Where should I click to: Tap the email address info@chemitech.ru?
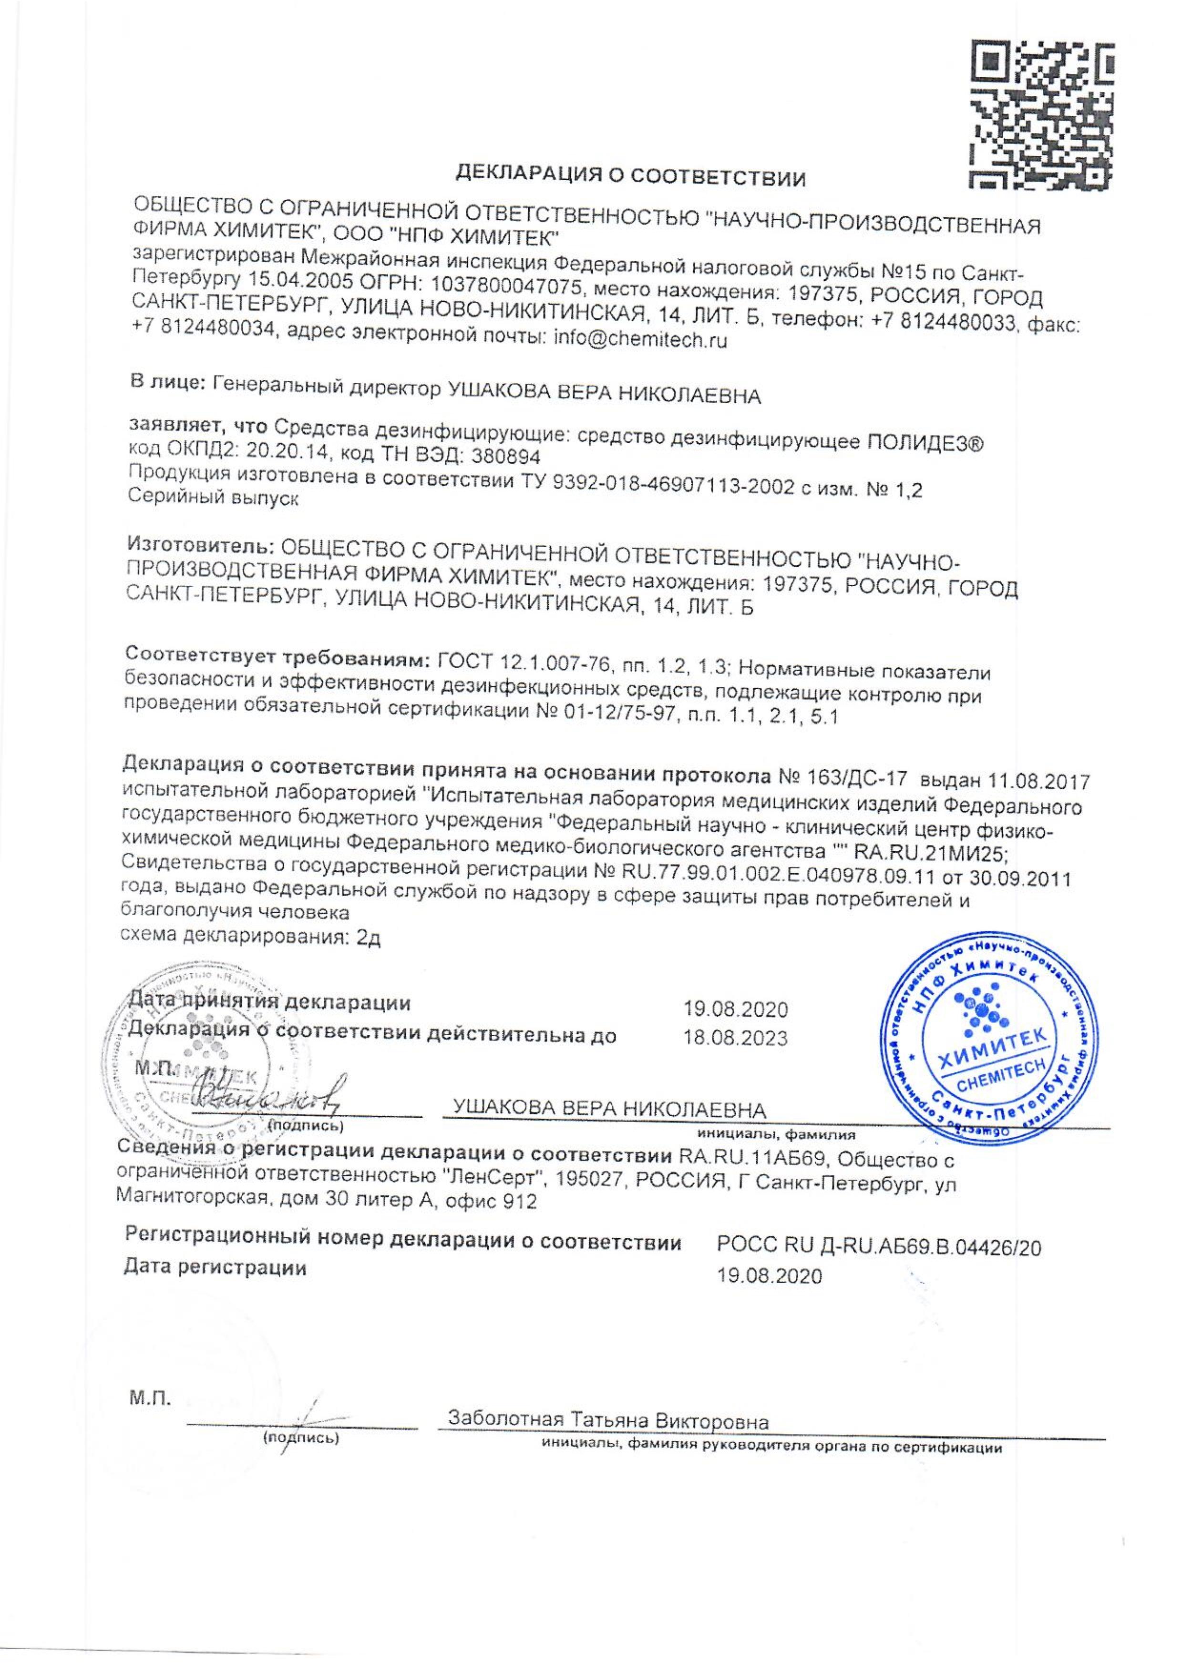tap(640, 341)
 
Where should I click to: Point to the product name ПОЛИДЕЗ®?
tap(925, 443)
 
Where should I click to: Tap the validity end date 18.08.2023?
tap(736, 1038)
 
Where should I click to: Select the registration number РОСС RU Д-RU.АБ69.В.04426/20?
tap(879, 1247)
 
